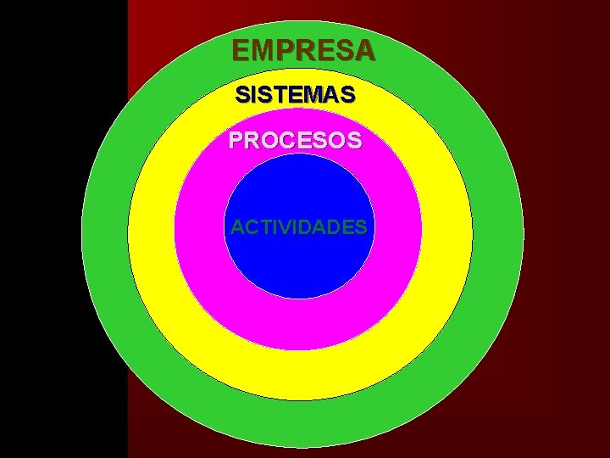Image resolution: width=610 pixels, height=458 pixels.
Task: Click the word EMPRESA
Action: tap(302, 51)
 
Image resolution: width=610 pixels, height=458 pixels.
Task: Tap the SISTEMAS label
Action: tap(295, 95)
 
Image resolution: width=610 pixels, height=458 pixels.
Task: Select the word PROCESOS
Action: tap(295, 140)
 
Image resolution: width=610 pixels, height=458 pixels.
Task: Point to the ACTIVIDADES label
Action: tap(299, 227)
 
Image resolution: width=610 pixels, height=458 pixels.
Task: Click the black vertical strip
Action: tap(64, 229)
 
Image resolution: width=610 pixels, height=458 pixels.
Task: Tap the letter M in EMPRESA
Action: tap(261, 51)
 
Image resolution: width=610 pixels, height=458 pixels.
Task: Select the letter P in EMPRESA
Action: tap(283, 51)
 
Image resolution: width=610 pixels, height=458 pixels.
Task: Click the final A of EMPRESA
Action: tap(364, 51)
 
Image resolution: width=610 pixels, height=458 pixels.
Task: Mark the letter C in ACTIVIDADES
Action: tap(250, 227)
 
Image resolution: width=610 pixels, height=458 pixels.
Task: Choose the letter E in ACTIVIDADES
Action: tap(347, 227)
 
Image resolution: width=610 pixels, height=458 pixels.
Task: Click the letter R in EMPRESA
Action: tap(303, 51)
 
